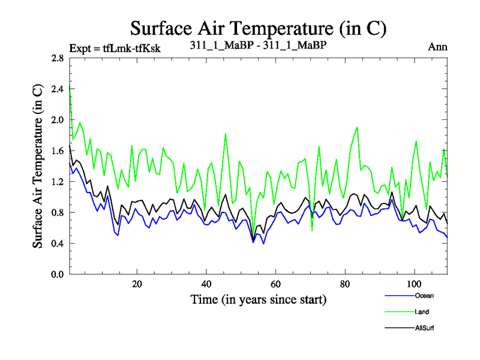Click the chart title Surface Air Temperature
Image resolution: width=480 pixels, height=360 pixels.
258,28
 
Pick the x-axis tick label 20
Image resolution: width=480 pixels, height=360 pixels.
137,284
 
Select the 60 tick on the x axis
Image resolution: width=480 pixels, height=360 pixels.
275,284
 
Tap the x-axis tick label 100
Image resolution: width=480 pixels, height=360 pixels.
414,284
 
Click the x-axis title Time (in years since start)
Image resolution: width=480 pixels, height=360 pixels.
258,299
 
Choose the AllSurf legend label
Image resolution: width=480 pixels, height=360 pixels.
425,328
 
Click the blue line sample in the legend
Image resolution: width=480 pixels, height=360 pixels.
398,296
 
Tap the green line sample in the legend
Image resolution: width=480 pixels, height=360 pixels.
398,312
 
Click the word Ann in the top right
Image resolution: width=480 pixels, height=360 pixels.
438,47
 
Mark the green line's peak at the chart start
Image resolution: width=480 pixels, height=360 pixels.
70,88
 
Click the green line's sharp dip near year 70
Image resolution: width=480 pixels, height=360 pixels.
312,230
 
